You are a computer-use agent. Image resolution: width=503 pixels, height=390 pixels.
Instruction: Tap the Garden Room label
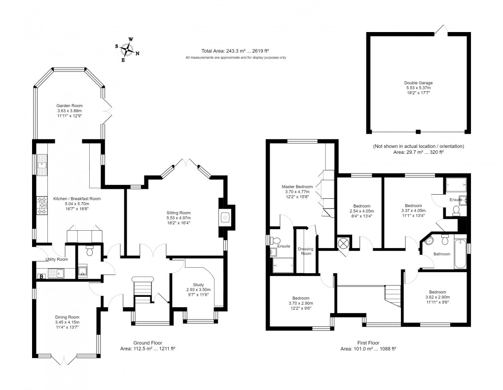[70, 106]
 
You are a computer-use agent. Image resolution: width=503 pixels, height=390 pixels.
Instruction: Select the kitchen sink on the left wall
[42, 162]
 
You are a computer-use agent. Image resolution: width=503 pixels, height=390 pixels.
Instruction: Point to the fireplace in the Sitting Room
[225, 216]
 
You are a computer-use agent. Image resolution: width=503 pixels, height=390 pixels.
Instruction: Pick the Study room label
[198, 284]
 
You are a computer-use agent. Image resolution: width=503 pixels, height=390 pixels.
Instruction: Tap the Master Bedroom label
[297, 187]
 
